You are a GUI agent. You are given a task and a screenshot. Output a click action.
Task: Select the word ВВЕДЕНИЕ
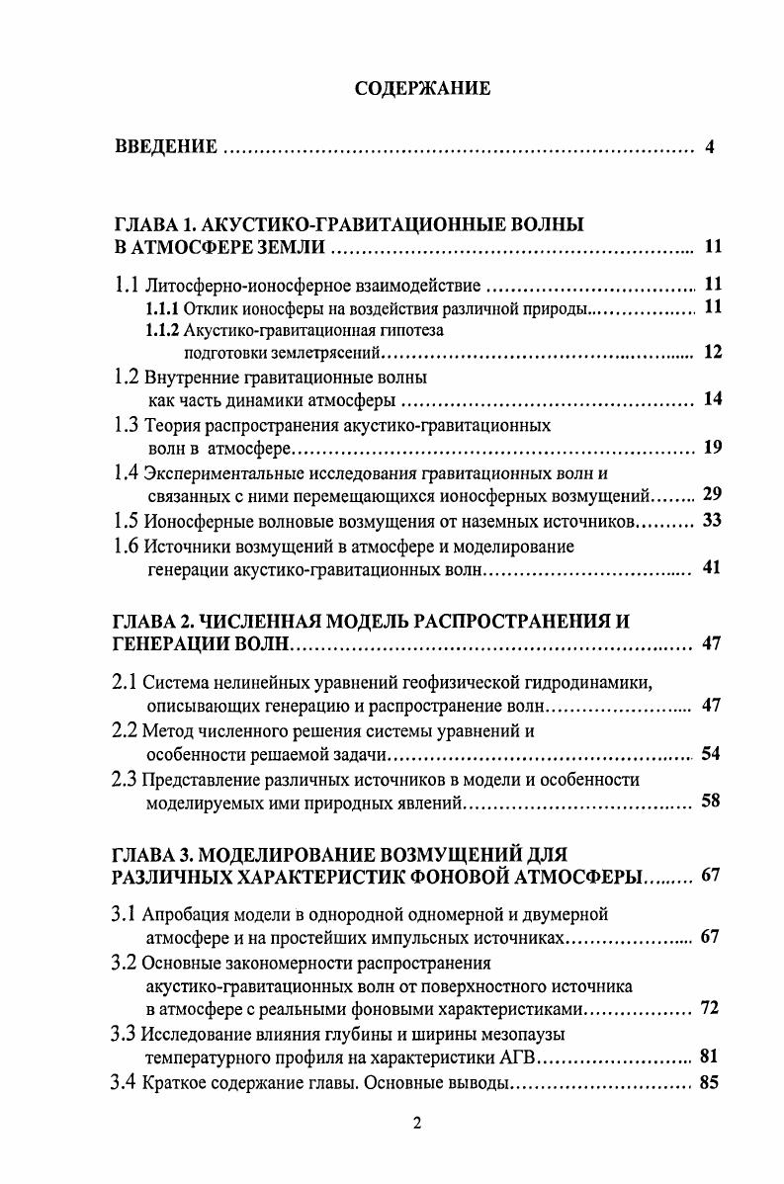(166, 148)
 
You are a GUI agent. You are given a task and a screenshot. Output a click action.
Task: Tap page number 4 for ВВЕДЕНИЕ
(710, 148)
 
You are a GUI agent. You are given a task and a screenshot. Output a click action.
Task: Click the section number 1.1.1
(163, 308)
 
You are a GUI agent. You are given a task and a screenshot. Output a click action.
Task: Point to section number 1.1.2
(163, 331)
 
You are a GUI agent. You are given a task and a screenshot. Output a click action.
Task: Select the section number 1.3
(126, 426)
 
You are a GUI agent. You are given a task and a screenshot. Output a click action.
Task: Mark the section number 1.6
(126, 547)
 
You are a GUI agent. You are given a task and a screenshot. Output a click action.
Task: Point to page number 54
(711, 754)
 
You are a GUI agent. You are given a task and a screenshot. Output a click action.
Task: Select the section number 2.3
(126, 780)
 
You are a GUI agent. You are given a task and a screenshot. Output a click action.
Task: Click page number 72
(709, 1008)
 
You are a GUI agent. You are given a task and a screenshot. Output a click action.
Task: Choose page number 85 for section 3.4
(709, 1082)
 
